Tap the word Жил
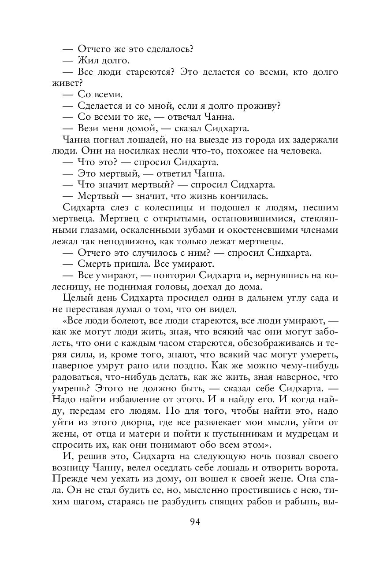click(x=87, y=60)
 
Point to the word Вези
click(x=89, y=129)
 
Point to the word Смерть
click(x=94, y=265)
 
